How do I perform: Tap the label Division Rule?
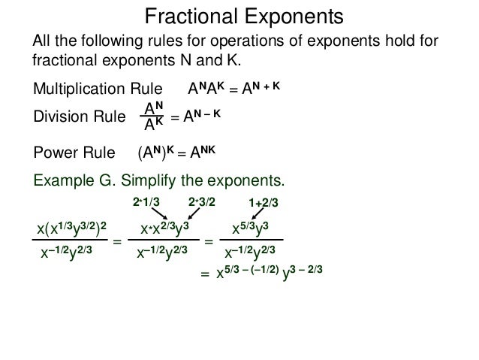(x=79, y=117)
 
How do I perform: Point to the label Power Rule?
(x=73, y=154)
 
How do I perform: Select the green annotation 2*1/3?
(x=146, y=202)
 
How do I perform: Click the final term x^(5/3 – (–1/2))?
(x=248, y=271)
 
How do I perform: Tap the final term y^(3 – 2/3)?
(x=303, y=271)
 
